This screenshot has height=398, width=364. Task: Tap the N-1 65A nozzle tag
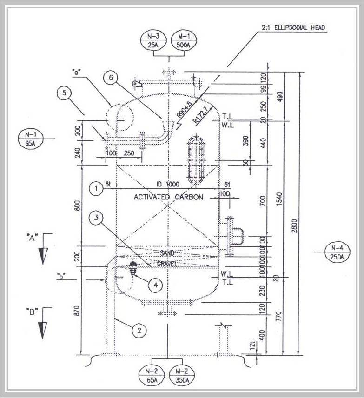(x=29, y=139)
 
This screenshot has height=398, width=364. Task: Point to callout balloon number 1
(x=96, y=188)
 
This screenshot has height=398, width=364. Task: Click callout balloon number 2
(x=138, y=331)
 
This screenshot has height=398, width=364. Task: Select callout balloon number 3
(x=95, y=217)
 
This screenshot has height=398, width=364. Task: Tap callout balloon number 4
(x=155, y=285)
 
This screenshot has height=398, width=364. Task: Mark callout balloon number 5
(x=65, y=93)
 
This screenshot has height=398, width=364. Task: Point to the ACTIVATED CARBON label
(x=168, y=197)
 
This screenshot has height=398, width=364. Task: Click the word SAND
(x=167, y=253)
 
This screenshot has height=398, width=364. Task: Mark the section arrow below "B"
(x=43, y=329)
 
